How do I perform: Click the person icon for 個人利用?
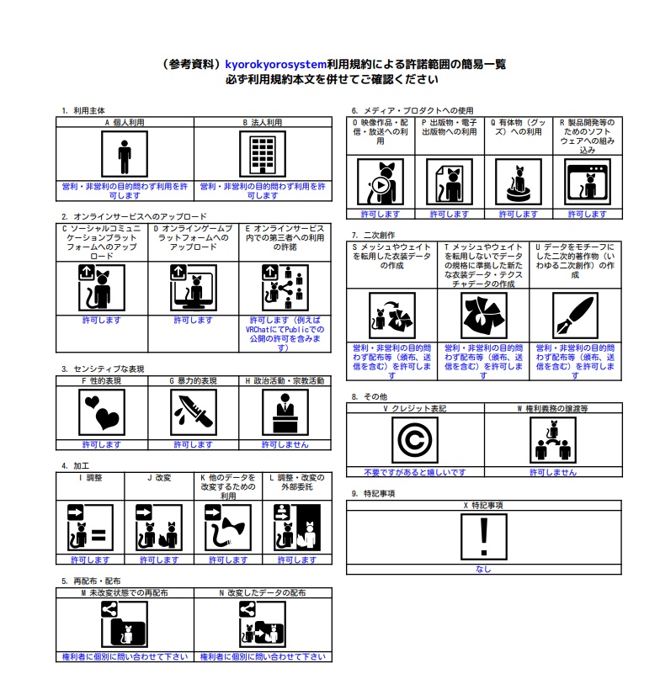click(125, 155)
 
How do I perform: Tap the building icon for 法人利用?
click(263, 155)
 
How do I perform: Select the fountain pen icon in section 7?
click(575, 316)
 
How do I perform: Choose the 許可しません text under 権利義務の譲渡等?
click(553, 473)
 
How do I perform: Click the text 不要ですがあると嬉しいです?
click(415, 473)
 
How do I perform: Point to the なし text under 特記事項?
click(483, 569)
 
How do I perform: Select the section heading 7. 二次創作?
click(373, 235)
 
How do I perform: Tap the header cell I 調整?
click(90, 477)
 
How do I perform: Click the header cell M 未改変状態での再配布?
click(125, 593)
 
